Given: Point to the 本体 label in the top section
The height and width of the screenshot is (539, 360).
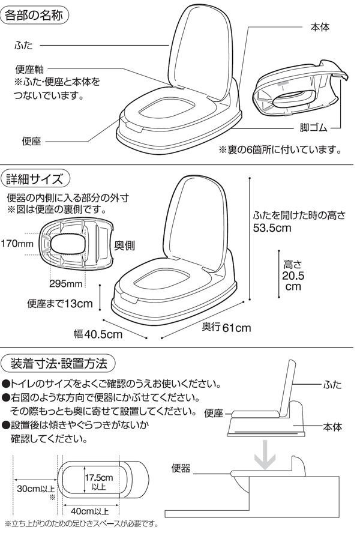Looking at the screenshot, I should pyautogui.click(x=320, y=28).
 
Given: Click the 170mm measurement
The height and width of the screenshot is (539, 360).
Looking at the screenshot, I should pyautogui.click(x=17, y=244).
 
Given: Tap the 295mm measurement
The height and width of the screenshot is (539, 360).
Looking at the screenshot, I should pyautogui.click(x=65, y=283).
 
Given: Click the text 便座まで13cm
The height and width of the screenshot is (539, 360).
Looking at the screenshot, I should pyautogui.click(x=60, y=304).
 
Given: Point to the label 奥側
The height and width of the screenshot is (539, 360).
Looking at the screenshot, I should pyautogui.click(x=124, y=246).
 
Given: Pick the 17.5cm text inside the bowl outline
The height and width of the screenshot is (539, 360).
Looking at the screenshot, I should pyautogui.click(x=98, y=478).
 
